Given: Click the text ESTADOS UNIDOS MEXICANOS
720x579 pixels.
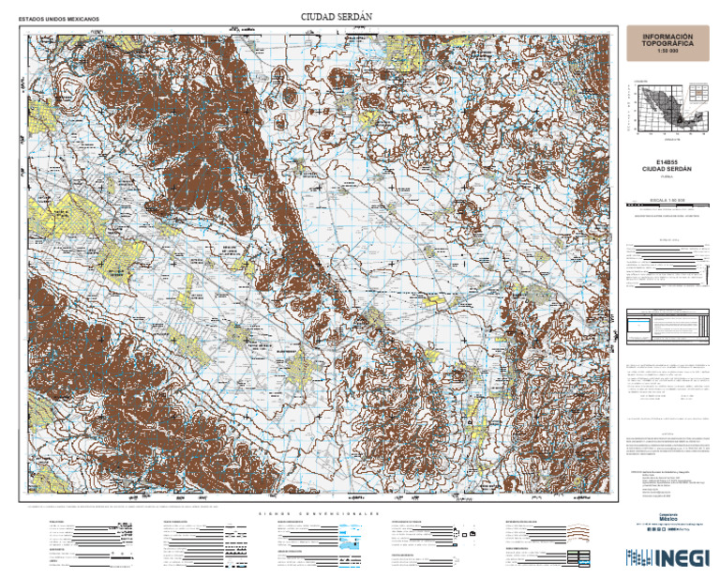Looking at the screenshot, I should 59,19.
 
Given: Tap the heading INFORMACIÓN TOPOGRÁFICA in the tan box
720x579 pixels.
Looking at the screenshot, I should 667,40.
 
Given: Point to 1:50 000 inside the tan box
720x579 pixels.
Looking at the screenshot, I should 667,52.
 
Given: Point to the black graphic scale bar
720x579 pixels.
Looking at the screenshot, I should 667,206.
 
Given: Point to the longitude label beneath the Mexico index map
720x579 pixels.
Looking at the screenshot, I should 667,140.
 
